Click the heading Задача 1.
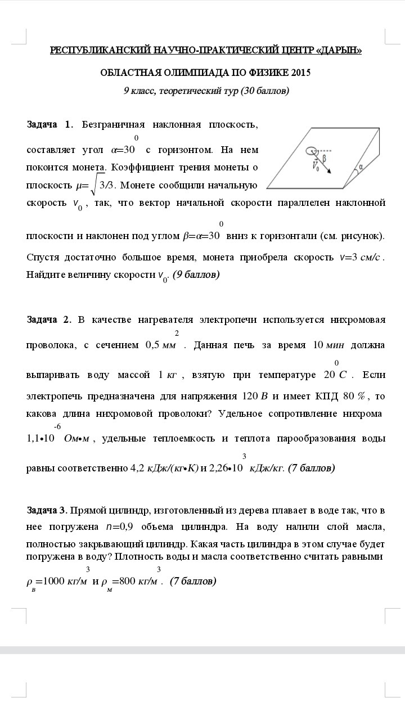49,125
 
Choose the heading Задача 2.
49,319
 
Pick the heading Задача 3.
47,510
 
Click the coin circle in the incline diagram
310,151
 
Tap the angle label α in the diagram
361,167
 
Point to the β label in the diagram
325,159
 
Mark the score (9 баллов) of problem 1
196,274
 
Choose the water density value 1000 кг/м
61,581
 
